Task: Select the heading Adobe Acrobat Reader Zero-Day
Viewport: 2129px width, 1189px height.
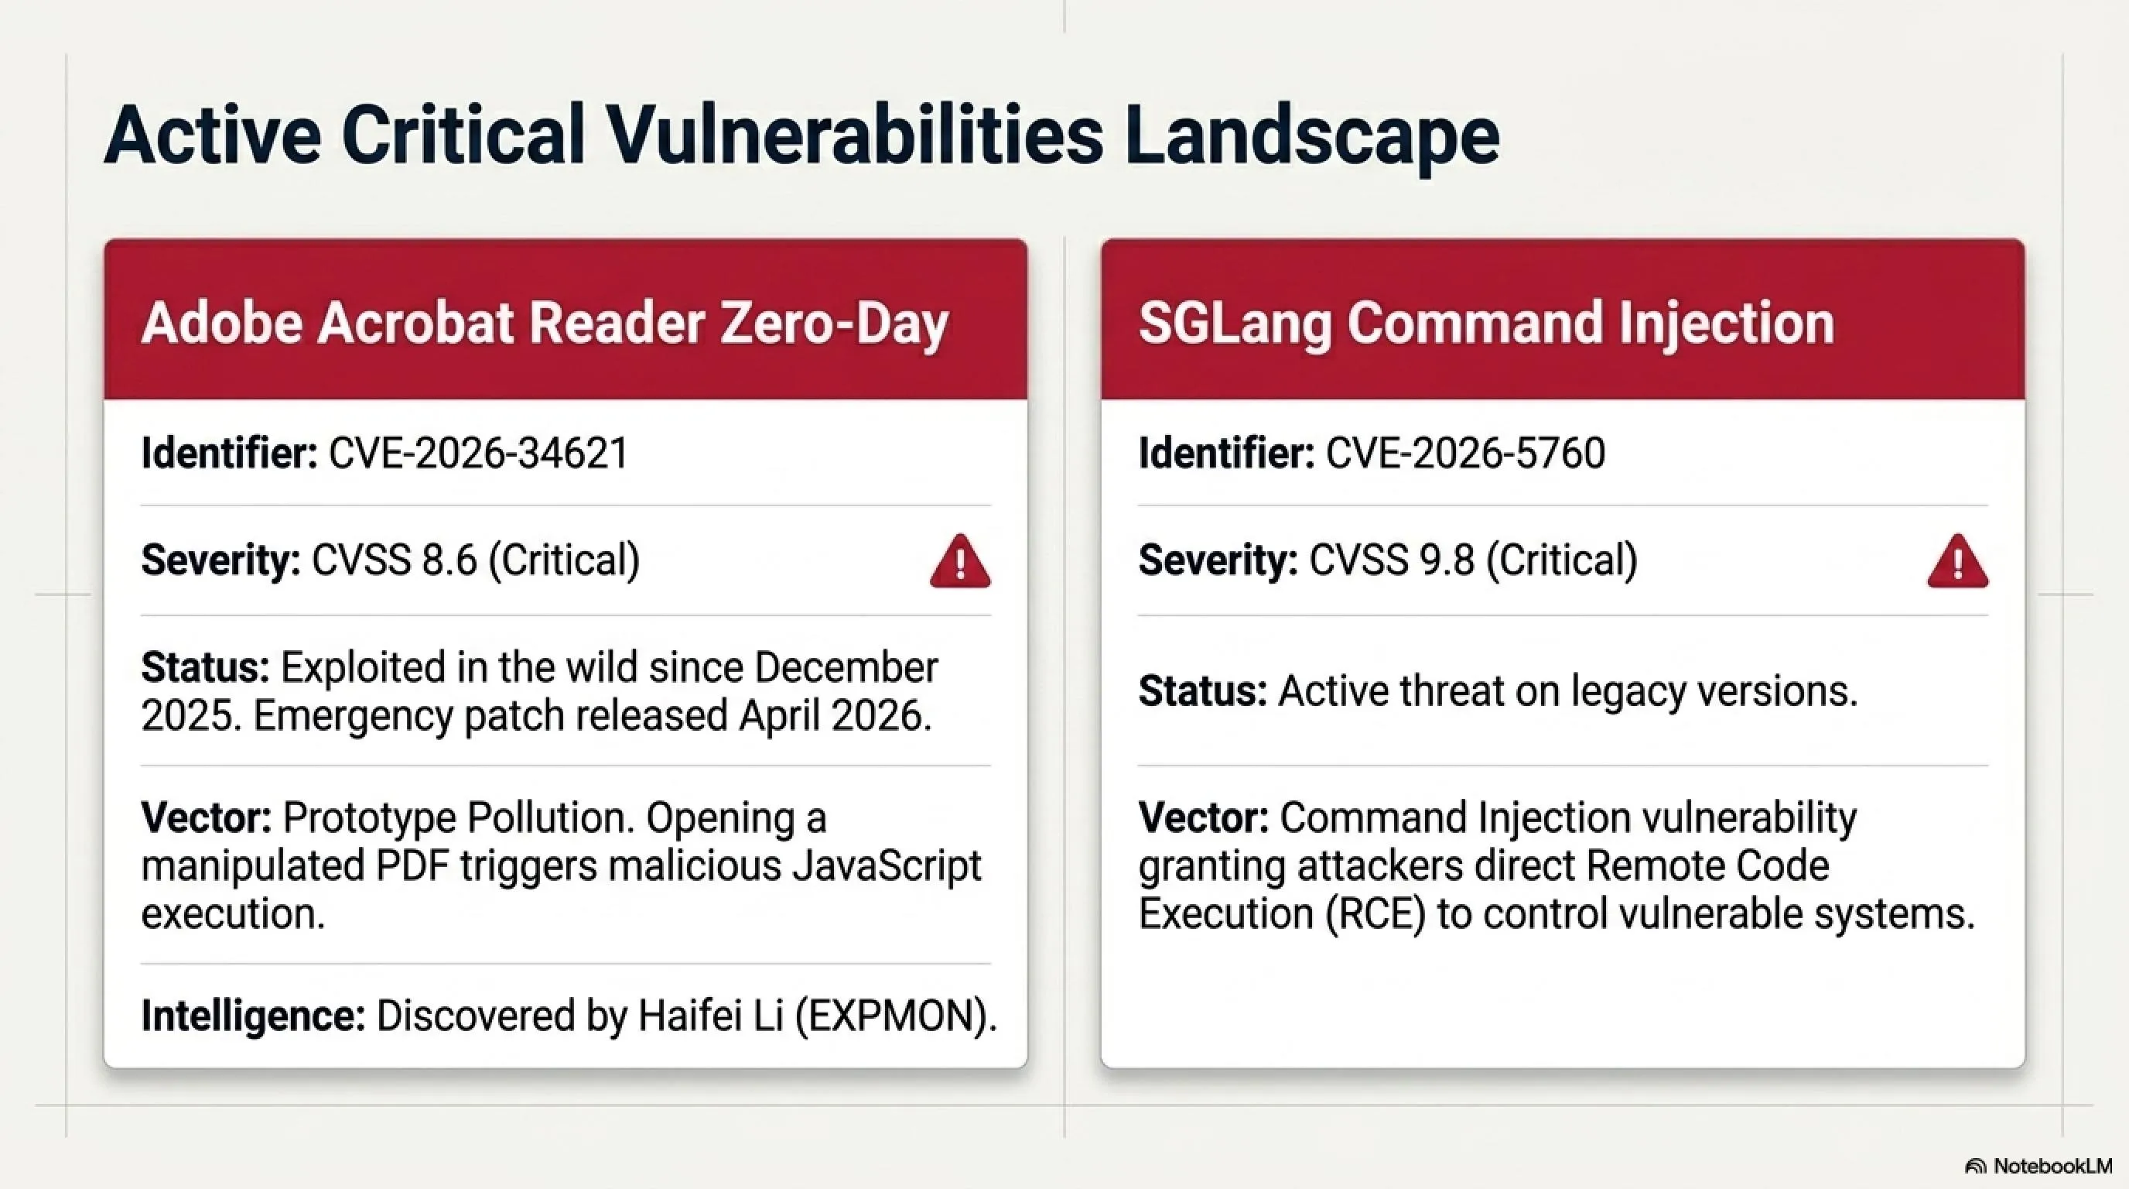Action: pyautogui.click(x=545, y=323)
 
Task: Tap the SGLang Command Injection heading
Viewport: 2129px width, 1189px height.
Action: pyautogui.click(x=1486, y=323)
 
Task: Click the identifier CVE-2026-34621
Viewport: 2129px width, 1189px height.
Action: pyautogui.click(x=479, y=453)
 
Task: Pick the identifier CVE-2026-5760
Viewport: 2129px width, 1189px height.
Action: pyautogui.click(x=1465, y=453)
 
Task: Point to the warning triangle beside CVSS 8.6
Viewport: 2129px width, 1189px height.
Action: pyautogui.click(x=959, y=561)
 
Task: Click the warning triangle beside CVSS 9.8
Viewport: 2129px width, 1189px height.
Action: pyautogui.click(x=1957, y=561)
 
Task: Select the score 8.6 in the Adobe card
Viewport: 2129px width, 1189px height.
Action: pyautogui.click(x=449, y=560)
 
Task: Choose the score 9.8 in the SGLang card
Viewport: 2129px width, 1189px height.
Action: pyautogui.click(x=1447, y=560)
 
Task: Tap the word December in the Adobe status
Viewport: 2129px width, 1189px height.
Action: pyautogui.click(x=846, y=667)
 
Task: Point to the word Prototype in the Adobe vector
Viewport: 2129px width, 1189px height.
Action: pyautogui.click(x=371, y=818)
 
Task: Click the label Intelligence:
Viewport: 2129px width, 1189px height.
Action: pyautogui.click(x=253, y=1016)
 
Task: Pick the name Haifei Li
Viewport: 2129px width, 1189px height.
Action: pyautogui.click(x=710, y=1016)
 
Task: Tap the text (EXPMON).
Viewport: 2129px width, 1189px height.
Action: pyautogui.click(x=896, y=1016)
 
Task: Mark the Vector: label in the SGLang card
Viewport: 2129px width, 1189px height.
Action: pyautogui.click(x=1203, y=817)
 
